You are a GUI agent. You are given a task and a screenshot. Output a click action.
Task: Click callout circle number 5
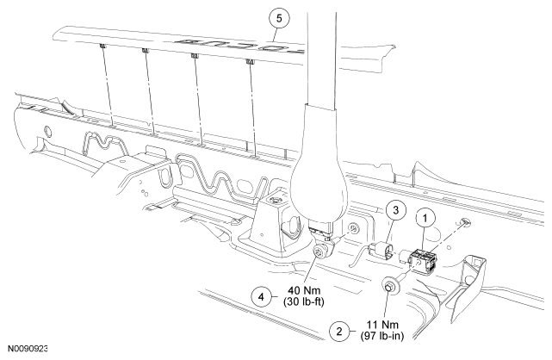[279, 18]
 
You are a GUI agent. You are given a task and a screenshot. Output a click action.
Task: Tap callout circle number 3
[396, 210]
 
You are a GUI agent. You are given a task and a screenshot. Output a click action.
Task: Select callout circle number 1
[425, 219]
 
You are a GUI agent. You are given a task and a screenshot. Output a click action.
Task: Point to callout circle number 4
[261, 296]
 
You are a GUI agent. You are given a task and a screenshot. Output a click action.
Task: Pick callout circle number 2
[339, 331]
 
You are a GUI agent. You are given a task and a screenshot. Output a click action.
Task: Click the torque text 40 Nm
[304, 291]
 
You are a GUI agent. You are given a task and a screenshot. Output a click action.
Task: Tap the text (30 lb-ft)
[303, 302]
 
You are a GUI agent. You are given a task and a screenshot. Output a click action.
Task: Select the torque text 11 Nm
[382, 325]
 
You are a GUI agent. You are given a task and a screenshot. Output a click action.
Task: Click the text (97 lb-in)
[382, 336]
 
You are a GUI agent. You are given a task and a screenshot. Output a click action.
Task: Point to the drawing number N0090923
[28, 349]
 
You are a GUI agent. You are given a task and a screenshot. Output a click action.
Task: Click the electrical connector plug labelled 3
[378, 251]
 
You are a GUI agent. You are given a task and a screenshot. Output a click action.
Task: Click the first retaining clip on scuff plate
[102, 47]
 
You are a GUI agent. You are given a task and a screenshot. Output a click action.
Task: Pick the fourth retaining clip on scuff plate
[250, 62]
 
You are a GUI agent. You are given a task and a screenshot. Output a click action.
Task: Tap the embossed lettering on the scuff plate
[240, 46]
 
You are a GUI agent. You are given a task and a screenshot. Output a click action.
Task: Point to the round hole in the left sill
[47, 131]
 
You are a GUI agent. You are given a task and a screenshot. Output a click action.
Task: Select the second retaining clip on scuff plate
[145, 51]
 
